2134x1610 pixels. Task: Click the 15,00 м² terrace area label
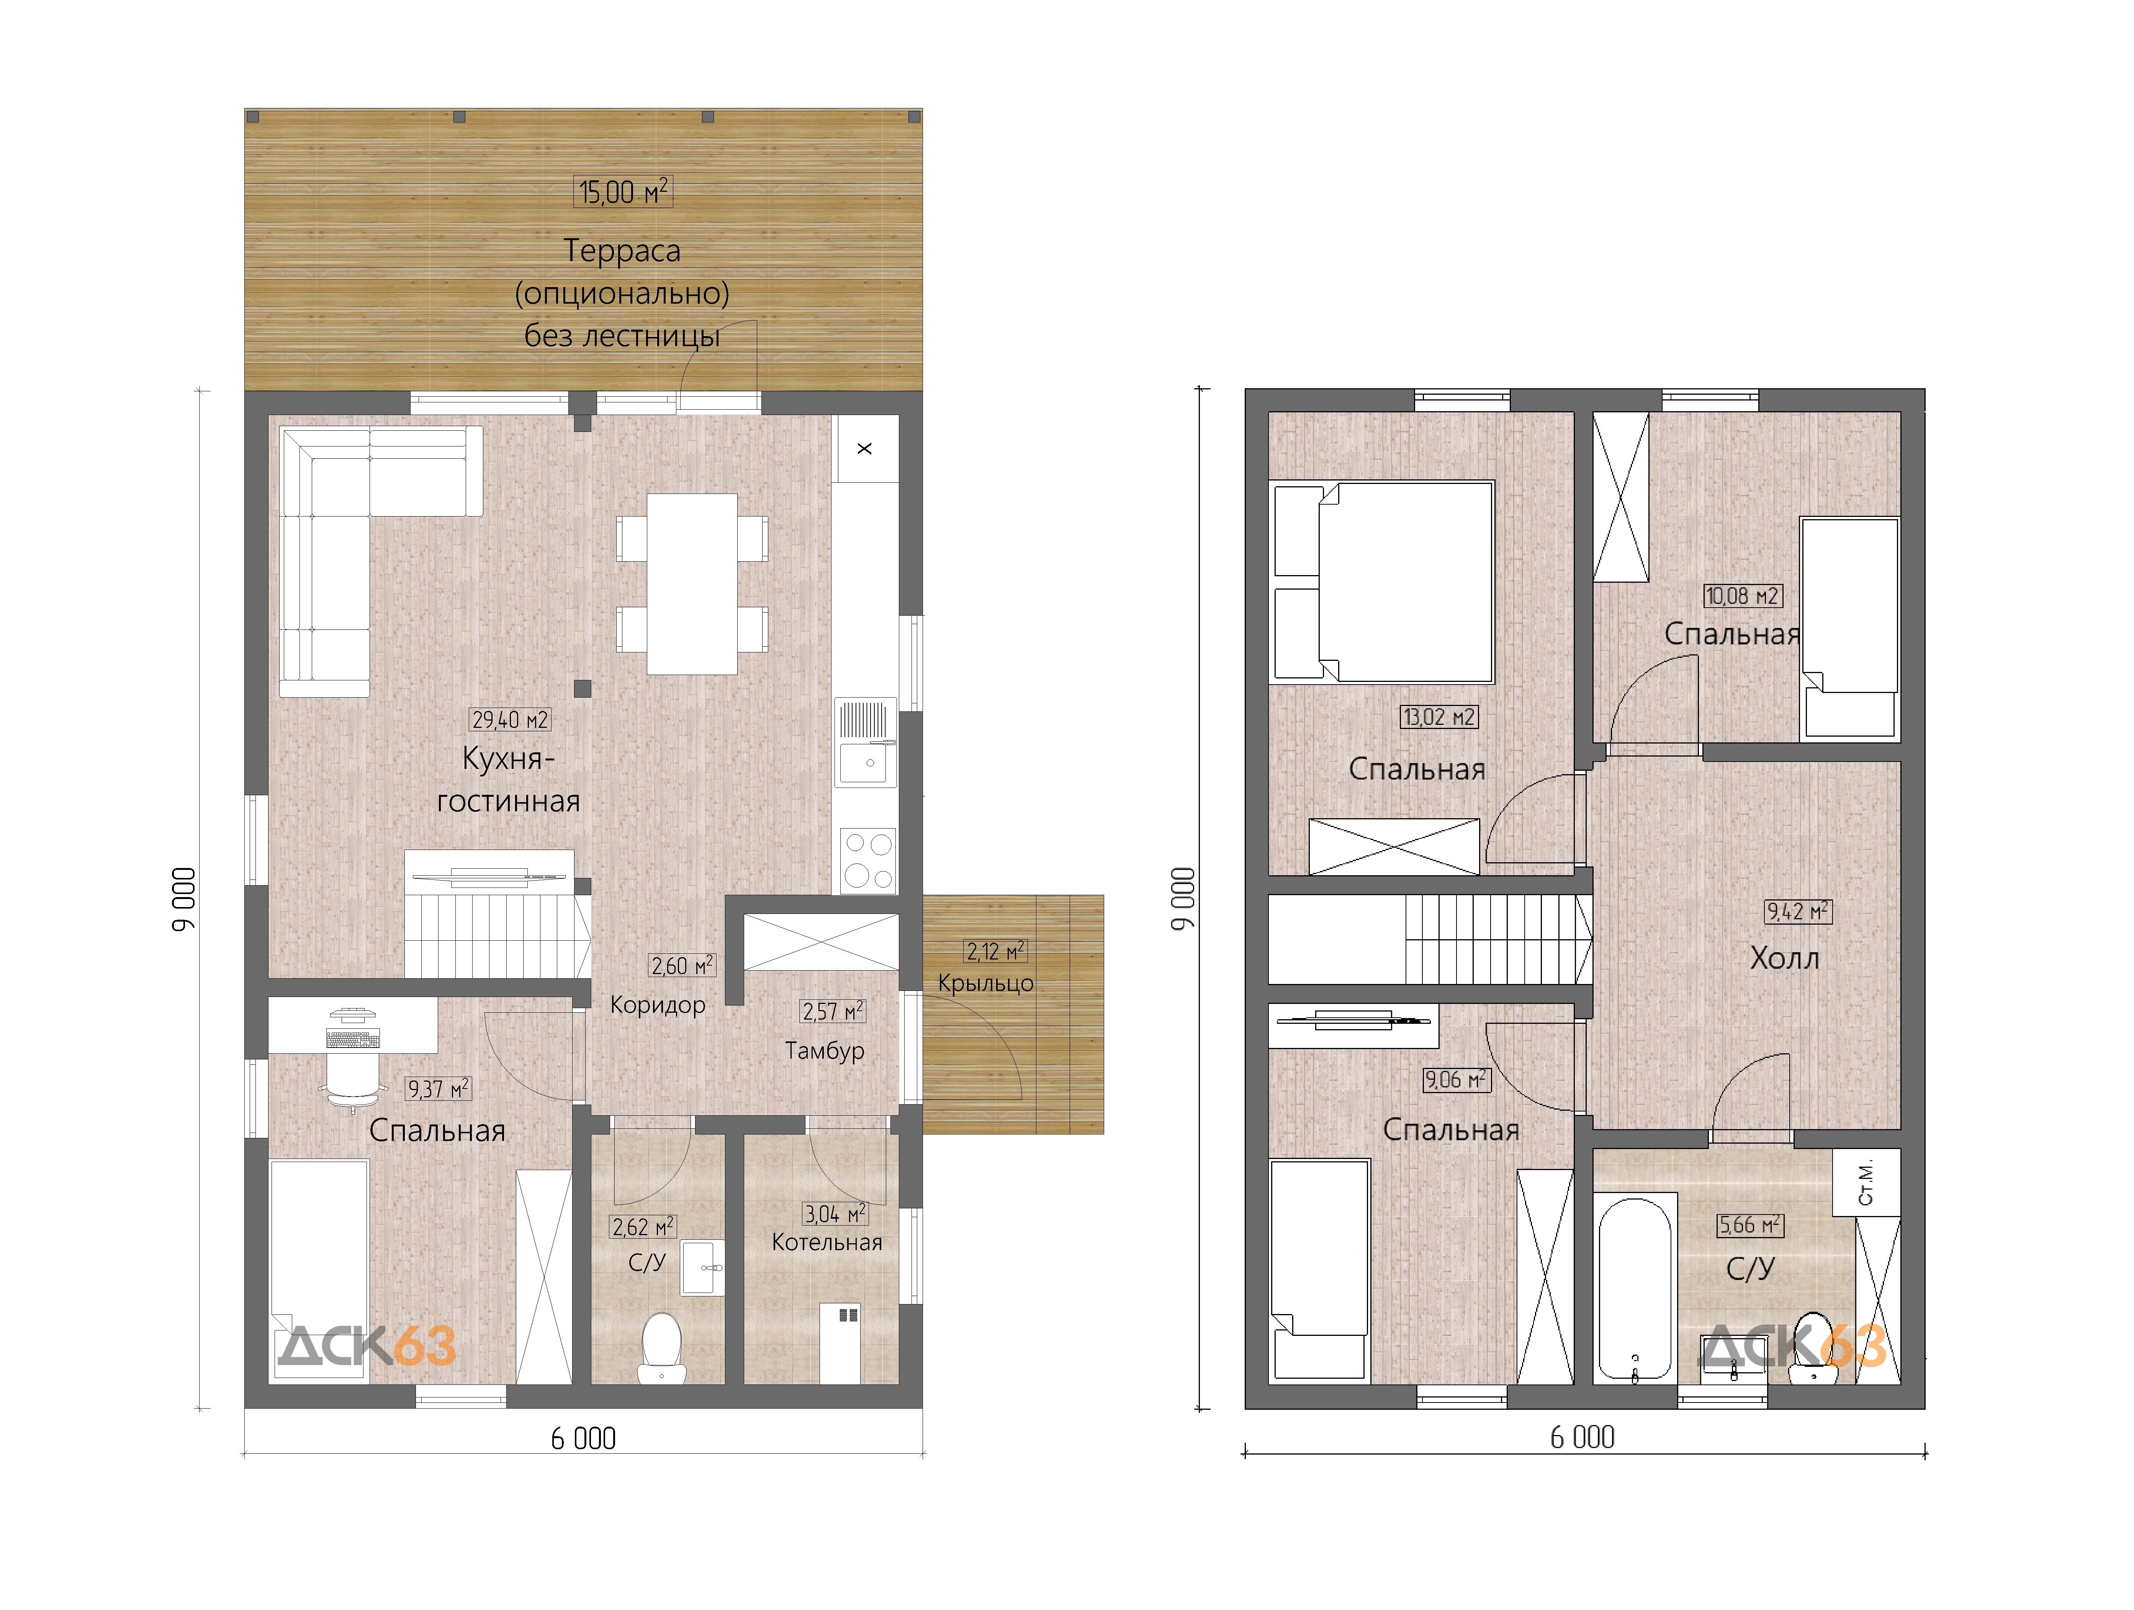coord(623,192)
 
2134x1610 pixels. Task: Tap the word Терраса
coord(622,251)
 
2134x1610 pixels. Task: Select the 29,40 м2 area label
coord(511,720)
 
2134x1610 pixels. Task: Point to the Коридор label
coord(658,1005)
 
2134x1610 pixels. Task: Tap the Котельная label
coord(827,1242)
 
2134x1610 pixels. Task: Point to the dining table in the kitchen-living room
coord(692,584)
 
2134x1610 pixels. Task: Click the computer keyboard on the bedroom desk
coord(353,1039)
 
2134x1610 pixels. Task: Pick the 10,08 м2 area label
coord(1742,596)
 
